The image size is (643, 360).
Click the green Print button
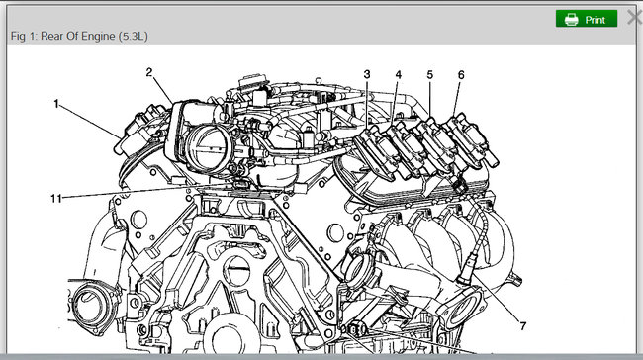coord(587,19)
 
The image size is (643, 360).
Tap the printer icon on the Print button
coord(571,19)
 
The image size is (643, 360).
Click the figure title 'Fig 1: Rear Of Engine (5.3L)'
coord(79,36)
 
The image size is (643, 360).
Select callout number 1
coord(56,104)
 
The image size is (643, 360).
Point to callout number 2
coord(149,72)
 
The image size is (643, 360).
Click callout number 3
coord(367,74)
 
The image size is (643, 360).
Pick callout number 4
coord(399,75)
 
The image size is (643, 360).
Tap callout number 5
coord(429,75)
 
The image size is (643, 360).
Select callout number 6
coord(461,75)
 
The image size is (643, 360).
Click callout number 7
coord(523,326)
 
